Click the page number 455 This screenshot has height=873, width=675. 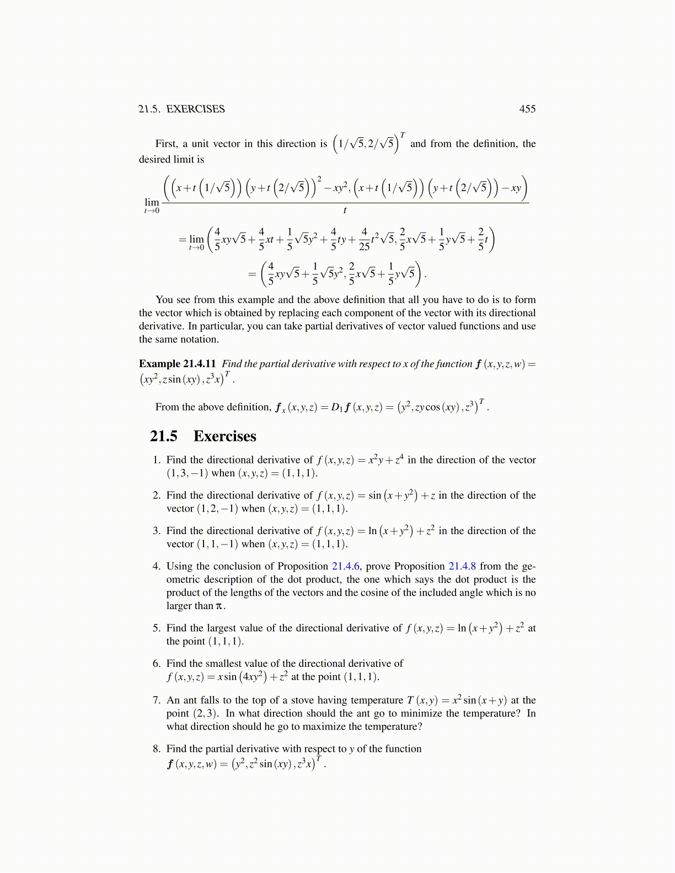[527, 109]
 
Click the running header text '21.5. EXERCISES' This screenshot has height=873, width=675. [181, 109]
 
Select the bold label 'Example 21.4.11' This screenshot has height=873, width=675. [177, 364]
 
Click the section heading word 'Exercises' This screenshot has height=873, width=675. [224, 436]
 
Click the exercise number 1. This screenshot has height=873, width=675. [157, 460]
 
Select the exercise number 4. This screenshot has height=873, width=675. [157, 567]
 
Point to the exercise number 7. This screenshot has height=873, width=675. [157, 700]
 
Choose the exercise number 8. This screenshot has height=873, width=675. [157, 749]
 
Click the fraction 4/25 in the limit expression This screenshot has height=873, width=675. [364, 240]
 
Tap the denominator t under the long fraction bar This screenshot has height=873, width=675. [345, 211]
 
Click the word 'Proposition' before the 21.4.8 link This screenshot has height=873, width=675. [419, 567]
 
